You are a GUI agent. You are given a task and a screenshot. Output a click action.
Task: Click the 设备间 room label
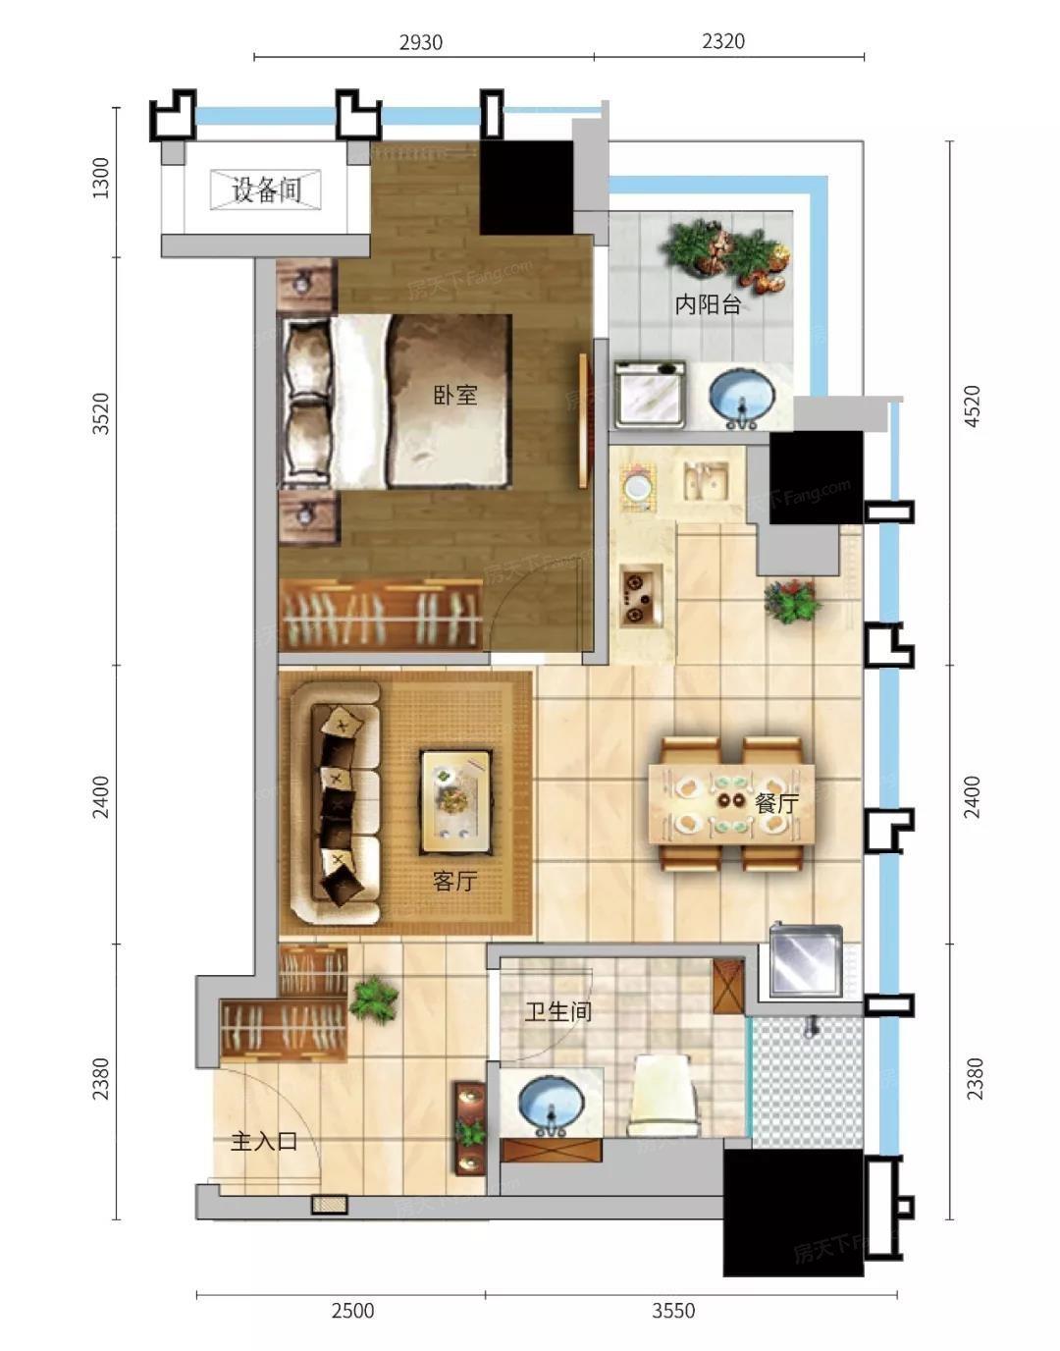coord(267,189)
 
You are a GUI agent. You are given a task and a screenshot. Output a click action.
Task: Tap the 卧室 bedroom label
coord(455,395)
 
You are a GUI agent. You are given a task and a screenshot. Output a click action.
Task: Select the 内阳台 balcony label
coord(709,304)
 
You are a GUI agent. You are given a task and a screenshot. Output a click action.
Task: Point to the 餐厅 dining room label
coord(776,803)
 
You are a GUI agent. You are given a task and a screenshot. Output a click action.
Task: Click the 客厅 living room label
coord(454,881)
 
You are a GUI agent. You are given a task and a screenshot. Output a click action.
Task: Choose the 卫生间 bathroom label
coord(557,1011)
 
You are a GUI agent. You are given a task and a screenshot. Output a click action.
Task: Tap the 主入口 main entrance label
coord(264,1142)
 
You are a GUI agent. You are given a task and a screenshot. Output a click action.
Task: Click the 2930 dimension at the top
coord(421,42)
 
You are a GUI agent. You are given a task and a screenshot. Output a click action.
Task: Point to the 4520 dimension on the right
coord(973,405)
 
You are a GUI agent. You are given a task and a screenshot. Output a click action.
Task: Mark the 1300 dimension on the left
coord(100,178)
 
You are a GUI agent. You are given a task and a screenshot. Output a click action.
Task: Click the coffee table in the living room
coord(455,802)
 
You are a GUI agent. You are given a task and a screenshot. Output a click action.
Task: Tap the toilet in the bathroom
coord(662,1095)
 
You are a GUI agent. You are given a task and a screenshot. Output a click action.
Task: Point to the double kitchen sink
coord(706,480)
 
